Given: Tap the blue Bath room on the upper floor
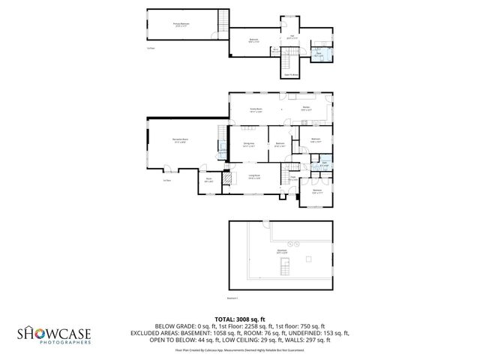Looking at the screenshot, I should [x=318, y=54].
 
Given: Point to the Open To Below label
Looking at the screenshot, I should [x=291, y=74].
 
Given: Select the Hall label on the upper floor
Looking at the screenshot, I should [x=292, y=37].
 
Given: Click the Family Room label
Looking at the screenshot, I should [x=256, y=110].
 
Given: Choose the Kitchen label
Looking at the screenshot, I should [x=307, y=109].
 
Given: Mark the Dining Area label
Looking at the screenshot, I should [x=249, y=145].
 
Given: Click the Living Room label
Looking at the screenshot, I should [x=254, y=176].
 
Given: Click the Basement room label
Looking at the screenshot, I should [x=282, y=251].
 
